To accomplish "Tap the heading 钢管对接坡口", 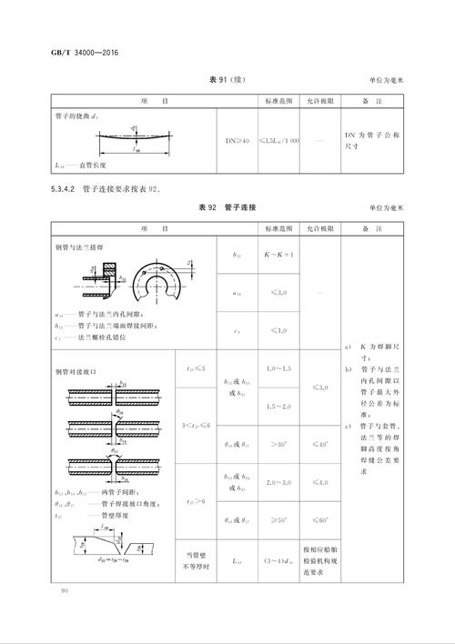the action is click(x=76, y=371).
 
